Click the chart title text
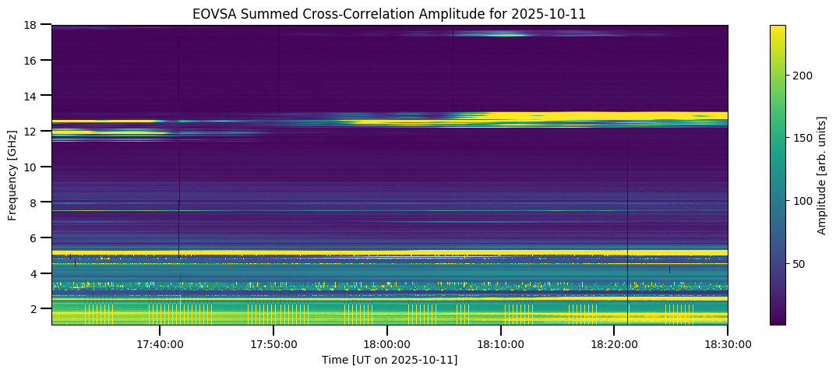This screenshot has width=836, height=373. pyautogui.click(x=390, y=13)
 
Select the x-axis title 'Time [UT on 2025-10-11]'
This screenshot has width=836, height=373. pyautogui.click(x=390, y=360)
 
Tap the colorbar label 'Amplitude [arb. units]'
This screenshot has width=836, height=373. pyautogui.click(x=822, y=175)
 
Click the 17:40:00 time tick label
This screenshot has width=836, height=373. pyautogui.click(x=160, y=343)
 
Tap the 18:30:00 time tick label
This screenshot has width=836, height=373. pyautogui.click(x=728, y=343)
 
